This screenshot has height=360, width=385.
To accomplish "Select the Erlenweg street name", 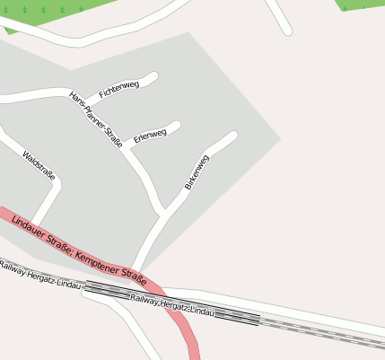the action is click(x=150, y=136).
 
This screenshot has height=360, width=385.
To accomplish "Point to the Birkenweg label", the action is click(x=197, y=171).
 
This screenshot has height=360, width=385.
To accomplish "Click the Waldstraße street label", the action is click(x=39, y=165).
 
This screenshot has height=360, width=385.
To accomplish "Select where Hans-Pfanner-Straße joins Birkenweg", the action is click(x=163, y=213).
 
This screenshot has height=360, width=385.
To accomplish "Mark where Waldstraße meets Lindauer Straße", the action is click(x=33, y=224).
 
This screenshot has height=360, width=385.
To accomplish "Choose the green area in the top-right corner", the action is click(x=363, y=4).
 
